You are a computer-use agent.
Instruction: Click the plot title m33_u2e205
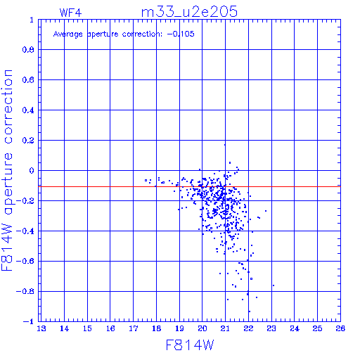189,12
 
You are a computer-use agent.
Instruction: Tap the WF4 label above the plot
70,13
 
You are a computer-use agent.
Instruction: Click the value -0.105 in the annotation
181,34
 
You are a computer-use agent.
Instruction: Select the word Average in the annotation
68,34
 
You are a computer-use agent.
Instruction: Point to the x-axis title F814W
190,345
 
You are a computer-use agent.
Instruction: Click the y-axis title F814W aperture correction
7,170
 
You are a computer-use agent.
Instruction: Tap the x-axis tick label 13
41,328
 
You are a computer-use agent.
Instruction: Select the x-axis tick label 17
134,328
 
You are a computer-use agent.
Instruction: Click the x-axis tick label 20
202,328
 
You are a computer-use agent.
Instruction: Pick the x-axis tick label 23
271,328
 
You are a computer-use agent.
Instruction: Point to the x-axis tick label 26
340,328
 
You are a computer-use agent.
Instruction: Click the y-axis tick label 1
32,20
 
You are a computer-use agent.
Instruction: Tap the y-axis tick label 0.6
28,80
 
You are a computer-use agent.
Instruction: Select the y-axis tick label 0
32,171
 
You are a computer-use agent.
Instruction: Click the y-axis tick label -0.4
25,231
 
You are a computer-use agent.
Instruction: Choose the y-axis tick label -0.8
25,292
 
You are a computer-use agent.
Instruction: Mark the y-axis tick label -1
29,321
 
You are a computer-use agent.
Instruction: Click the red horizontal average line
189,186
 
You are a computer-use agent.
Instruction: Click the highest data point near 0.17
225,145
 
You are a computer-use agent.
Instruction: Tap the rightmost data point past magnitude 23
274,285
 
